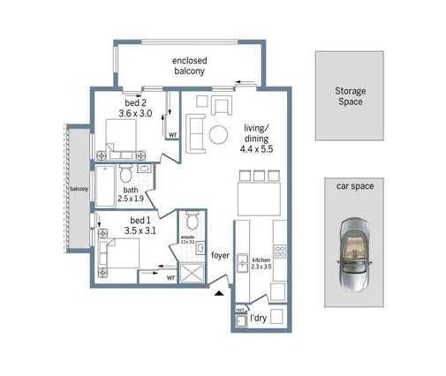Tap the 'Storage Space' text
[350, 96]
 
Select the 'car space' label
[352, 187]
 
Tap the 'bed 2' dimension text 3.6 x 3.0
[136, 113]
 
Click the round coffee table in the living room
[216, 135]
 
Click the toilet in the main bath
[125, 168]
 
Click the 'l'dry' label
[259, 316]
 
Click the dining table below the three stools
[259, 195]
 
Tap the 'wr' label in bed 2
[173, 135]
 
